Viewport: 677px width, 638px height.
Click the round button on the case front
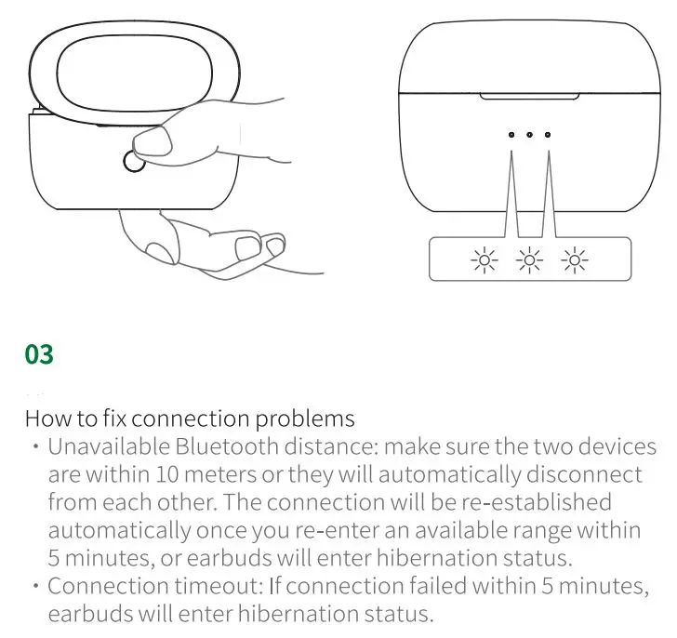pyautogui.click(x=134, y=162)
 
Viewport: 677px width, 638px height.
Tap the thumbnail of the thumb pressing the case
pyautogui.click(x=153, y=140)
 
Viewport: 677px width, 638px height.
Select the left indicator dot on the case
pyautogui.click(x=511, y=135)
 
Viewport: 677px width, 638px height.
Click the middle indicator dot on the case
pyautogui.click(x=529, y=135)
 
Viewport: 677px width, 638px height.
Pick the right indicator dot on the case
pyautogui.click(x=548, y=135)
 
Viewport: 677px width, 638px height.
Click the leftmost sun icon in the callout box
pyautogui.click(x=485, y=260)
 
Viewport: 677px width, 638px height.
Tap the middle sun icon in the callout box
pyautogui.click(x=530, y=260)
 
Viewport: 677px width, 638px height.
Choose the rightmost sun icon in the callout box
pyautogui.click(x=576, y=260)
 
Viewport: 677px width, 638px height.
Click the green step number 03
pyautogui.click(x=39, y=354)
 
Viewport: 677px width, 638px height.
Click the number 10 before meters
pyautogui.click(x=144, y=474)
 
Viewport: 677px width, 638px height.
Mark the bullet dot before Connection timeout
pyautogui.click(x=35, y=587)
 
